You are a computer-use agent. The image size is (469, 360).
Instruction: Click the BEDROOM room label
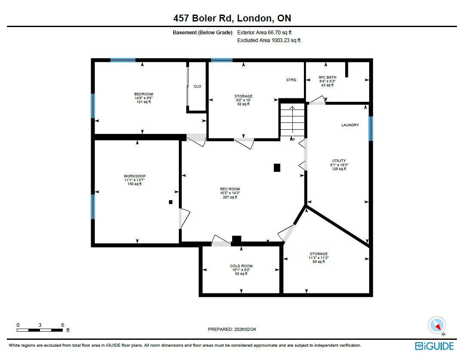coord(144,94)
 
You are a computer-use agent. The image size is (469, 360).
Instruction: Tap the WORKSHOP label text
coord(135,176)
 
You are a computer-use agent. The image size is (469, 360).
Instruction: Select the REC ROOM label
coord(230,189)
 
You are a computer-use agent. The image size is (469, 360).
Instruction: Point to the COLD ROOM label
coord(241,266)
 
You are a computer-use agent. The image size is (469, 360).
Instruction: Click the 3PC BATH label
coord(327,77)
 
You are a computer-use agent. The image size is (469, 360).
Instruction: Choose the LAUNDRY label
coord(350,125)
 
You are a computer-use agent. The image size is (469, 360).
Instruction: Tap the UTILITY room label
coord(339,161)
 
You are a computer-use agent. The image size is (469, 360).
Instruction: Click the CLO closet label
coord(197,86)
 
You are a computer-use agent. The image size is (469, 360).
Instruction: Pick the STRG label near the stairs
coord(291,80)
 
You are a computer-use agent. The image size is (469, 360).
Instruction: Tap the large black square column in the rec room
coord(277,168)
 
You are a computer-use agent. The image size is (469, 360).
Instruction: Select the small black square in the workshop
coord(171,202)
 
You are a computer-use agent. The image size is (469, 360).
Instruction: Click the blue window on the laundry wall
coord(371,128)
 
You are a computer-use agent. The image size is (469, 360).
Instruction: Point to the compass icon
coord(437,326)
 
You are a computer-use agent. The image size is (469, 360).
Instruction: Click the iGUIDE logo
coord(434,346)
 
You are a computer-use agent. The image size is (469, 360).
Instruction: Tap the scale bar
coord(40,330)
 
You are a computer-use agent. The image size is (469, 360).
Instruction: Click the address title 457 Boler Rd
coord(203,18)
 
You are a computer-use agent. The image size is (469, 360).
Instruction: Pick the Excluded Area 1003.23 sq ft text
coord(269,40)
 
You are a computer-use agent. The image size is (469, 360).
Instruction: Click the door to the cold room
coord(221,241)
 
